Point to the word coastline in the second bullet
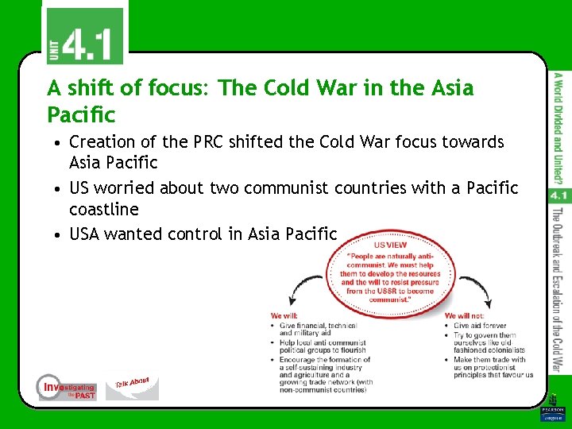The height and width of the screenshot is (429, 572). (104, 210)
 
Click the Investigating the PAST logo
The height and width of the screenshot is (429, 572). (67, 387)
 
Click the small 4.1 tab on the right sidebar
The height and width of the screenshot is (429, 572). (558, 194)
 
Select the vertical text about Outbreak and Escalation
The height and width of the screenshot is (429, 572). (558, 290)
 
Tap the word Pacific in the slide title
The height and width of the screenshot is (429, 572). (81, 114)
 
